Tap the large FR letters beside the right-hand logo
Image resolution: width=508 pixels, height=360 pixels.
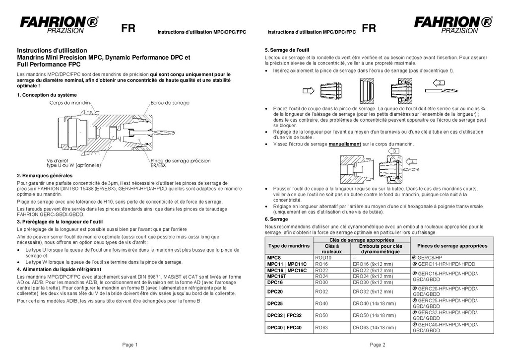369,28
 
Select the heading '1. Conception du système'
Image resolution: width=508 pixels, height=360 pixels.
47,95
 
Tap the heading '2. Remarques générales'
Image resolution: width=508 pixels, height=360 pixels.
45,176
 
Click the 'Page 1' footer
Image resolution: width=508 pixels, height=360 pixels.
130,345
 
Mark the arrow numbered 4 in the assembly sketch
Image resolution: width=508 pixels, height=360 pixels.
412,161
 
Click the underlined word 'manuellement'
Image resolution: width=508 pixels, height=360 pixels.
344,144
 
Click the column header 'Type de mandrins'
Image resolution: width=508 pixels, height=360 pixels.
289,246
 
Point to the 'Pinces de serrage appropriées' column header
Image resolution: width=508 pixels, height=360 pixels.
452,246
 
